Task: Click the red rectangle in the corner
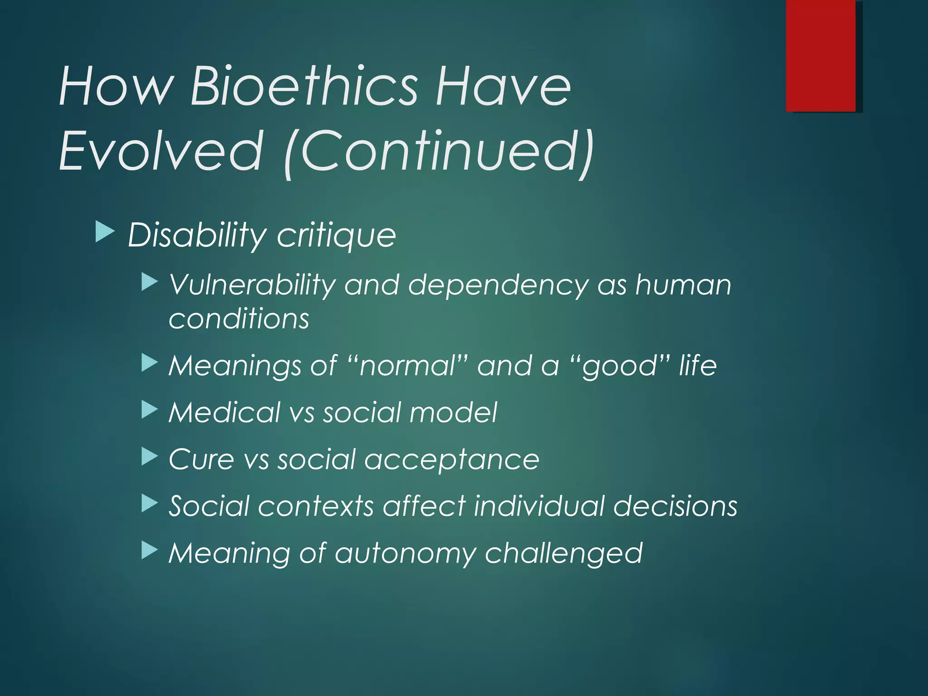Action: (x=821, y=55)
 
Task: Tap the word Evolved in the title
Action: (x=161, y=150)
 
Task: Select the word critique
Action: (x=336, y=236)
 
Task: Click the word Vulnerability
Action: (x=251, y=285)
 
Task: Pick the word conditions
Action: (x=239, y=319)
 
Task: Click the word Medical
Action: (x=224, y=412)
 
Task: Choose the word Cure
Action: (x=201, y=459)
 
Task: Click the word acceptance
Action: (x=452, y=460)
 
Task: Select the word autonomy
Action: (x=405, y=554)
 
